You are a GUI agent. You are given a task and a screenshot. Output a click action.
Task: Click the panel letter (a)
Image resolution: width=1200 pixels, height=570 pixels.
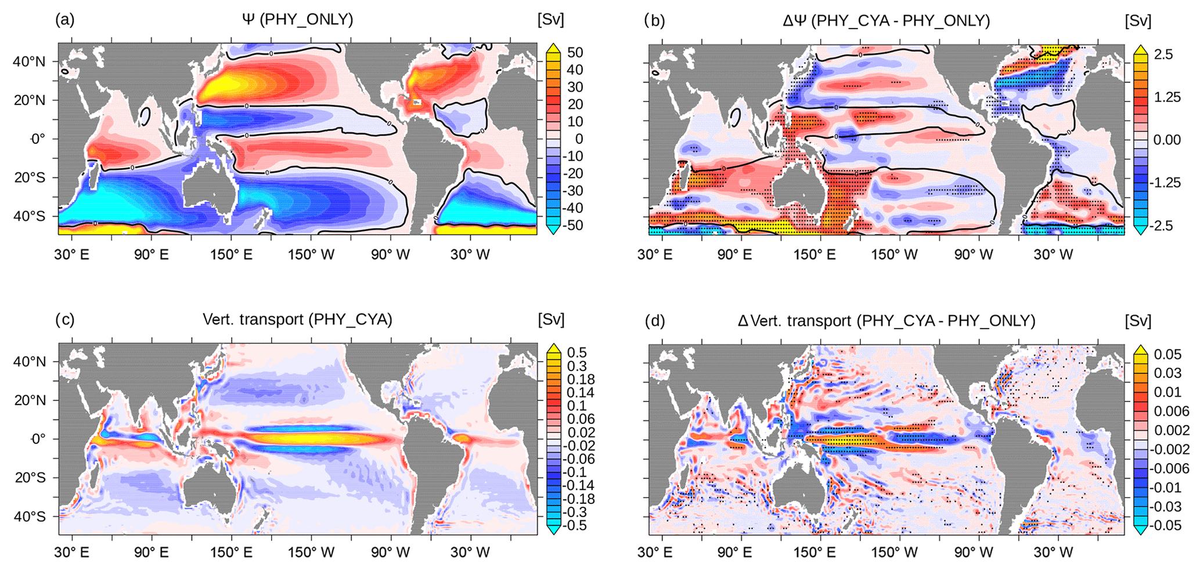click(x=64, y=20)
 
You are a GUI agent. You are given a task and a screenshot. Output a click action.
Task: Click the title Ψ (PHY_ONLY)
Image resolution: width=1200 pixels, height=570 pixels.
click(x=297, y=20)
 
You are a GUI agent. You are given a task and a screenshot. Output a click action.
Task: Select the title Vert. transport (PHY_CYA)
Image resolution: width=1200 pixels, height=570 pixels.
click(x=297, y=319)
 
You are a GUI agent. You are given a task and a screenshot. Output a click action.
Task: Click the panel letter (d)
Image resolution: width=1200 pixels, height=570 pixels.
click(x=654, y=320)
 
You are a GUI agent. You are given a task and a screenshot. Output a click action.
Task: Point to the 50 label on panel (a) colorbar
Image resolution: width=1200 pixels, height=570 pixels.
click(x=575, y=53)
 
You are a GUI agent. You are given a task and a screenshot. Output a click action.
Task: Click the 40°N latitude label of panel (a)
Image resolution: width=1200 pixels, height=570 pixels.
click(x=29, y=62)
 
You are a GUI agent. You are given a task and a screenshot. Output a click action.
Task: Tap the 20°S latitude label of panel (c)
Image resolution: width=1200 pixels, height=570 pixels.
click(x=30, y=478)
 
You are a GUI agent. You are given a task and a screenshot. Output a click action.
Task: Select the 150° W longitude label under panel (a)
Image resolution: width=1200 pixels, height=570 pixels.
click(x=311, y=254)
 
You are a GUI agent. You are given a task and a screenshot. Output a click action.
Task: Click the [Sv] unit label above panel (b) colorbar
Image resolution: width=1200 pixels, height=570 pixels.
click(x=1137, y=21)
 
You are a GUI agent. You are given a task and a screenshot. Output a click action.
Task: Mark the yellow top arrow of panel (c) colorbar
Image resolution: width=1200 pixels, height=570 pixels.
click(x=554, y=348)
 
